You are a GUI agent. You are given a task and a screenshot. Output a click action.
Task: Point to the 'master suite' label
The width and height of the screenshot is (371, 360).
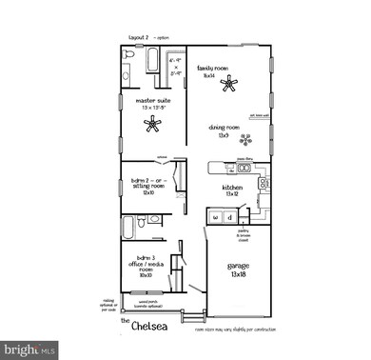[152, 100]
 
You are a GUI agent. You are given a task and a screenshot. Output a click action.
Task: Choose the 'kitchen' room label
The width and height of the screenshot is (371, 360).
[233, 188]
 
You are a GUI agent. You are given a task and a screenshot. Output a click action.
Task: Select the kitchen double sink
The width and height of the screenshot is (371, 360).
[244, 169]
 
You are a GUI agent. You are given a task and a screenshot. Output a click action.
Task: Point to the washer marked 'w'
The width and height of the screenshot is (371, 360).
[216, 217]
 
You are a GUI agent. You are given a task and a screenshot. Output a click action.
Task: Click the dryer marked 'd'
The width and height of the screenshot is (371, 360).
[229, 217]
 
